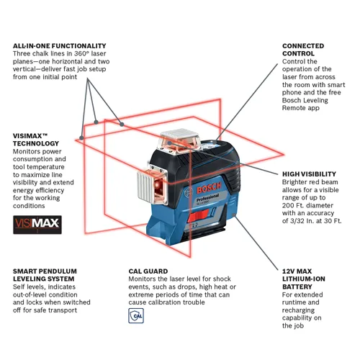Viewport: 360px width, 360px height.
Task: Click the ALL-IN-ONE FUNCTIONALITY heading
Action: pos(59,45)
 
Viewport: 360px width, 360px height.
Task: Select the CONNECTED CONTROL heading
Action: pos(303,50)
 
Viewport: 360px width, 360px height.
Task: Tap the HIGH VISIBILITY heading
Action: pos(309,174)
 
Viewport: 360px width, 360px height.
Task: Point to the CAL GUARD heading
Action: pos(150,271)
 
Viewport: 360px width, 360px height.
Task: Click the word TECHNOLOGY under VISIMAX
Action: pos(38,143)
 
